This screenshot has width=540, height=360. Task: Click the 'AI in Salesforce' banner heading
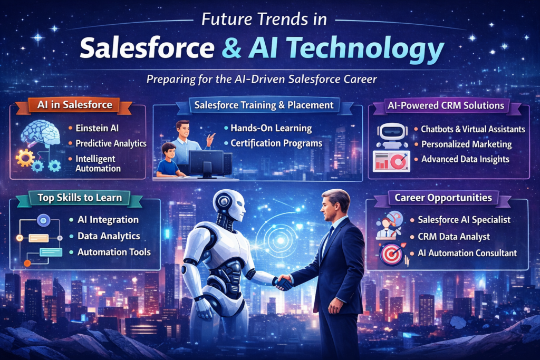74,104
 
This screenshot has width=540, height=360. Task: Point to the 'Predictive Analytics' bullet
110,143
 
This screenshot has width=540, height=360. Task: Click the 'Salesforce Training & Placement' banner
264,105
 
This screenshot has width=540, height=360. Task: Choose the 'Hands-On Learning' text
271,128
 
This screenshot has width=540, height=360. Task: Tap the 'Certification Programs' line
275,143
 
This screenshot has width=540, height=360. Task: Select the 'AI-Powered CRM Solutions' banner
446,105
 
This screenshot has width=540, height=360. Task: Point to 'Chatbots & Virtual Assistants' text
472,129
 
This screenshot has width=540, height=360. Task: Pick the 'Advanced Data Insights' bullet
465,159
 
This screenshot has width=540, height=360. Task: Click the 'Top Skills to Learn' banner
80,198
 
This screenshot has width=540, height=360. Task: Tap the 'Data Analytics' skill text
109,236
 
